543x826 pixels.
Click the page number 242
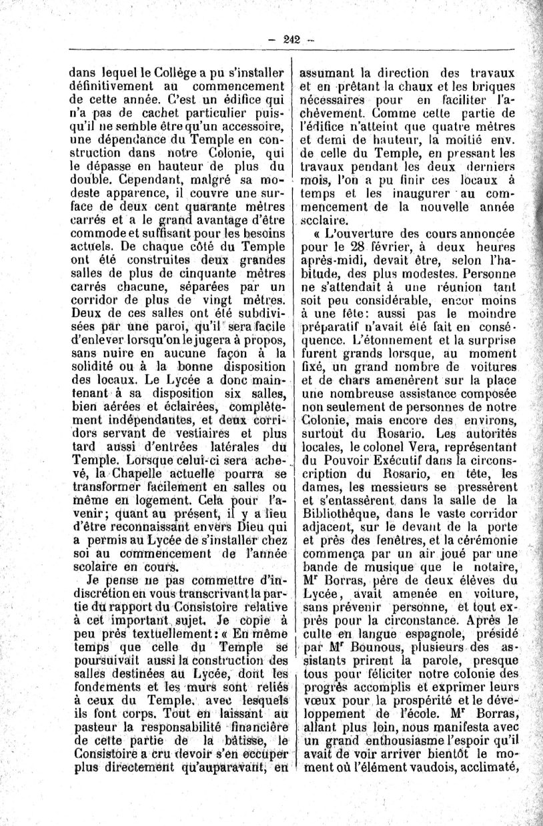(x=291, y=39)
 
